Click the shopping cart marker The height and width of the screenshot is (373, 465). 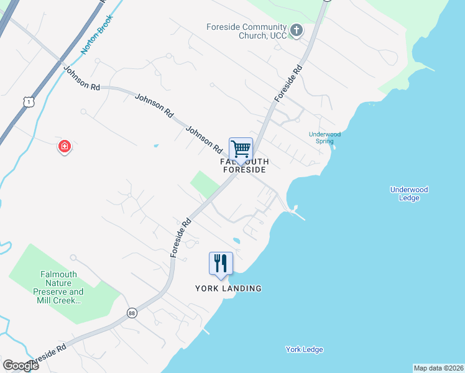point(241,150)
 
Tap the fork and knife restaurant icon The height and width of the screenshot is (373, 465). point(221,264)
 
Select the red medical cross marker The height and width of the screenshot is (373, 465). point(65,147)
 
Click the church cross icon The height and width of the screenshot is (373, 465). point(297,30)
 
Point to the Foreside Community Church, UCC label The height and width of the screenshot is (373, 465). point(247,31)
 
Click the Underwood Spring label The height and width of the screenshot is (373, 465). point(325,137)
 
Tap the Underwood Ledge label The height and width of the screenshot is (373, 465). point(409,194)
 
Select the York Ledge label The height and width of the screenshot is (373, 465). point(304,349)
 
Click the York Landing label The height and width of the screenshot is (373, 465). point(228,288)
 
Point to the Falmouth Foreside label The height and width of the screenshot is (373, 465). point(244,165)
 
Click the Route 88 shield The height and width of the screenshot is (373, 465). point(131,312)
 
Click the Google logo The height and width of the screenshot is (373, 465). point(21,366)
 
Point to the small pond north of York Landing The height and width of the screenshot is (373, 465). point(236,241)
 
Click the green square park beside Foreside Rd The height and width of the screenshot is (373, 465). point(205,183)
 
